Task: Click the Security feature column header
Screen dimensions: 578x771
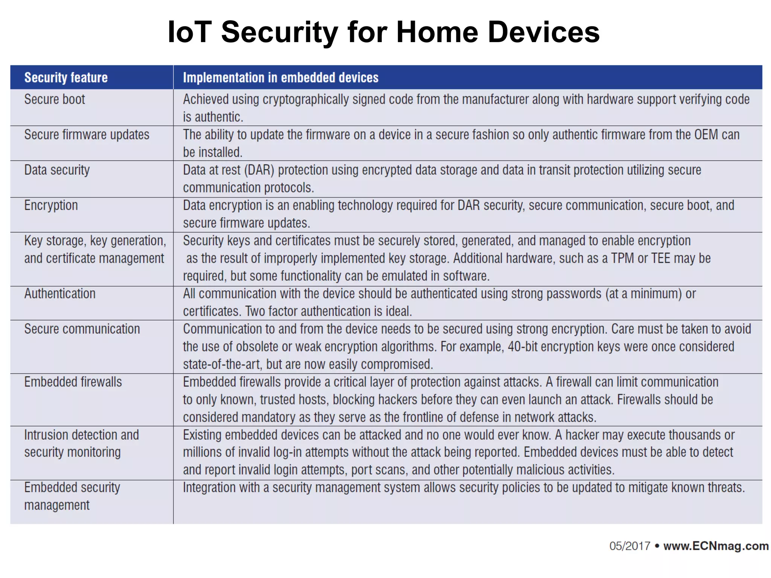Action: pos(66,78)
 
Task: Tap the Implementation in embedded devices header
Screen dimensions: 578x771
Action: pos(280,78)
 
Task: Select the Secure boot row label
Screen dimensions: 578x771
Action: pos(55,99)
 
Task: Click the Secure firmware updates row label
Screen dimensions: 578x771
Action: pos(87,135)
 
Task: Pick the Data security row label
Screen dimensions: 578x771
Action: pos(57,170)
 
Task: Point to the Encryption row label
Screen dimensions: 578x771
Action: pos(51,205)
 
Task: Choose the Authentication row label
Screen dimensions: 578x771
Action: pos(60,294)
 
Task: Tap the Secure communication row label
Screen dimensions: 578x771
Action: pos(82,329)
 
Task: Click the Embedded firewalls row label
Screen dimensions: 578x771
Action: pos(73,382)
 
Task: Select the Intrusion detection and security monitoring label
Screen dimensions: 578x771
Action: pos(81,443)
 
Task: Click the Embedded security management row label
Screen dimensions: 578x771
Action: pos(72,496)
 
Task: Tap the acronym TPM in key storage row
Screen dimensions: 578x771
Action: pos(622,259)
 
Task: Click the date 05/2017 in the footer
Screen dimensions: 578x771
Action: pos(630,546)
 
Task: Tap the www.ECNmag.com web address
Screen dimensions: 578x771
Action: pos(716,546)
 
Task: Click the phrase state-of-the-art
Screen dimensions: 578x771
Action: pos(221,364)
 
